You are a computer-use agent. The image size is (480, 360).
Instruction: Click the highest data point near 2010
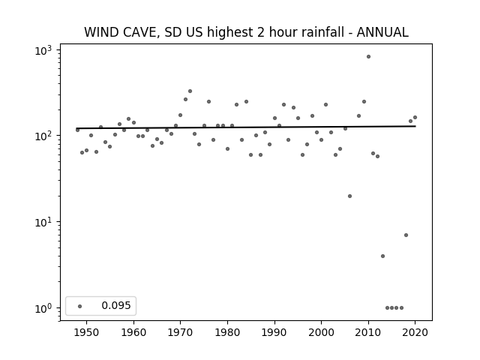pyautogui.click(x=368, y=57)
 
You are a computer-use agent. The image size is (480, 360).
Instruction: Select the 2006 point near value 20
pyautogui.click(x=350, y=196)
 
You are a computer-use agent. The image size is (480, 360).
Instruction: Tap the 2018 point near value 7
pyautogui.click(x=406, y=235)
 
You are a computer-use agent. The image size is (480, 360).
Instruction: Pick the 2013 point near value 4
pyautogui.click(x=382, y=256)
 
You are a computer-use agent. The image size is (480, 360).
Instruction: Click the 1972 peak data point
pyautogui.click(x=190, y=91)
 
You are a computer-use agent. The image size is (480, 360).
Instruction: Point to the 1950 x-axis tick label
pyautogui.click(x=87, y=332)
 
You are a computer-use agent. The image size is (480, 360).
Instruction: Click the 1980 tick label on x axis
pyautogui.click(x=227, y=332)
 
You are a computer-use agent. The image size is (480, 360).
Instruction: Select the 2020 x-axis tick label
pyautogui.click(x=415, y=332)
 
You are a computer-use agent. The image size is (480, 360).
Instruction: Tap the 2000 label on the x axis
pyautogui.click(x=322, y=332)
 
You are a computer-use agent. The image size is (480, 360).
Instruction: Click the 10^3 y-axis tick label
pyautogui.click(x=43, y=50)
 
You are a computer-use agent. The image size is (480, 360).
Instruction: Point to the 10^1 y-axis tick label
pyautogui.click(x=43, y=223)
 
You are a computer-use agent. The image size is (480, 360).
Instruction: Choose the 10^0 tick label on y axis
pyautogui.click(x=43, y=308)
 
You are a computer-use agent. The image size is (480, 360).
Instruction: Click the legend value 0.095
pyautogui.click(x=116, y=305)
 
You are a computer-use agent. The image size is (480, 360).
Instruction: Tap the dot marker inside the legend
pyautogui.click(x=80, y=306)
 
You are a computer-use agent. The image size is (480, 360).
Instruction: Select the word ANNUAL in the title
pyautogui.click(x=382, y=32)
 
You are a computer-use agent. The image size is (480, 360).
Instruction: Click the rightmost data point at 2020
pyautogui.click(x=415, y=118)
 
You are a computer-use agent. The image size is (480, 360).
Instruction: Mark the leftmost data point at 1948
pyautogui.click(x=77, y=130)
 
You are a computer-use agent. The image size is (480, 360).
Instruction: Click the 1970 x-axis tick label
pyautogui.click(x=180, y=332)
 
